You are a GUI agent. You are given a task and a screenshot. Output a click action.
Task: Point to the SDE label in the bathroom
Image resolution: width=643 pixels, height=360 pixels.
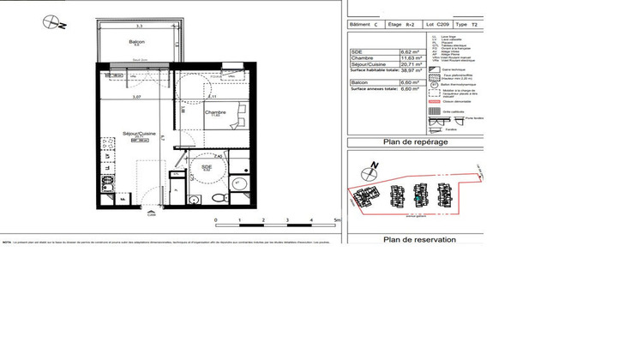pyautogui.click(x=206, y=168)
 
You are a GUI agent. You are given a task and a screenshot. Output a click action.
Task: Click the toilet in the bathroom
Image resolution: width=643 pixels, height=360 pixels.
pyautogui.click(x=217, y=198)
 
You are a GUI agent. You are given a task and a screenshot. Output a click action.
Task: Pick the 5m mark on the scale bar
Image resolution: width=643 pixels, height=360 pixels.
pyautogui.click(x=338, y=220)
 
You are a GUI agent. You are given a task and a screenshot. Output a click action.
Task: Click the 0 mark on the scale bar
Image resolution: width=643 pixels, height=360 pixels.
pyautogui.click(x=216, y=220)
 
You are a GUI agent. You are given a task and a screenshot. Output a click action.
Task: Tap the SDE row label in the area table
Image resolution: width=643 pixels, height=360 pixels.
pyautogui.click(x=357, y=51)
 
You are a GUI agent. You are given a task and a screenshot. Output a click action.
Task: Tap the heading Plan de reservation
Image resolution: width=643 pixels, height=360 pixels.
pyautogui.click(x=419, y=240)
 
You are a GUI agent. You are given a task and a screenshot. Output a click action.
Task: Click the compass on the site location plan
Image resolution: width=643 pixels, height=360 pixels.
pyautogui.click(x=372, y=165)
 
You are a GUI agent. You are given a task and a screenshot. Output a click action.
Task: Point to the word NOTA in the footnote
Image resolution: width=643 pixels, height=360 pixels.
pyautogui.click(x=7, y=242)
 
